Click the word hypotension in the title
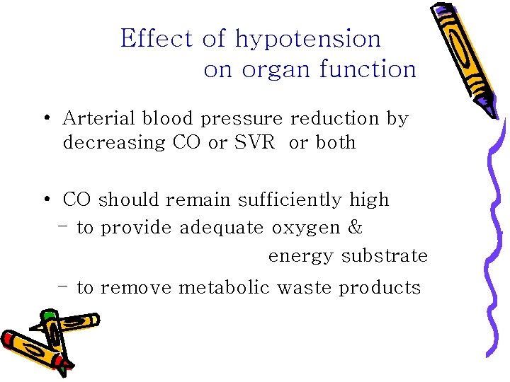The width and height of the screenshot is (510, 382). (308, 39)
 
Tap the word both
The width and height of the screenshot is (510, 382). (336, 142)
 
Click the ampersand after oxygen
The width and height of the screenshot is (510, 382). (356, 228)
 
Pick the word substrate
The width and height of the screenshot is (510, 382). (385, 256)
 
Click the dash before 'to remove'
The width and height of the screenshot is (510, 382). (64, 286)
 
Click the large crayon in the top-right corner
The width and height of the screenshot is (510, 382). (463, 53)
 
